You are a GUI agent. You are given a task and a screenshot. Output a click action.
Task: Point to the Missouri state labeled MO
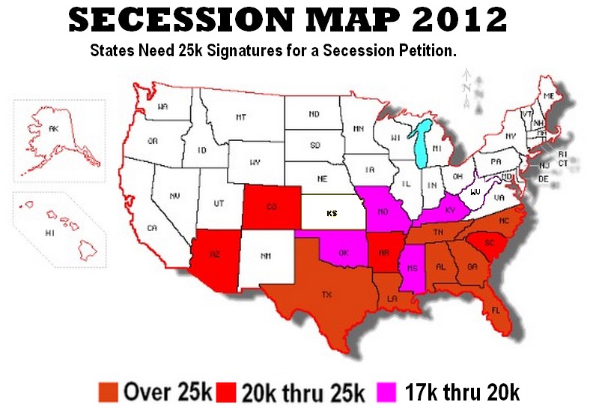tap(383, 211)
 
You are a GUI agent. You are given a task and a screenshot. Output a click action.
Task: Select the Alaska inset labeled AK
tap(52, 130)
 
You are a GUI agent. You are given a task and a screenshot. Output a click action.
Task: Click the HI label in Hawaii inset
tap(50, 233)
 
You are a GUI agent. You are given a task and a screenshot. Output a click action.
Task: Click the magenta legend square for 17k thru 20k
tap(389, 391)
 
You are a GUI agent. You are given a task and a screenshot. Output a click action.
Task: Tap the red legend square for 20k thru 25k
tap(226, 391)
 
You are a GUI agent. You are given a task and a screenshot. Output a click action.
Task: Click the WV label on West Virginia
tap(475, 193)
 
